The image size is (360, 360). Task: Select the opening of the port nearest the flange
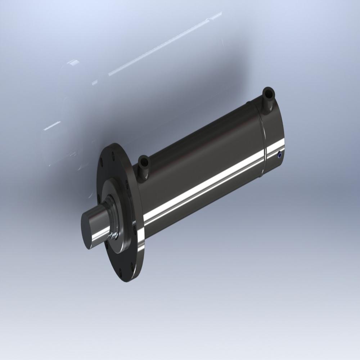pos(143,159)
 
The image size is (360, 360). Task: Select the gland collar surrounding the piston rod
pos(114,220)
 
